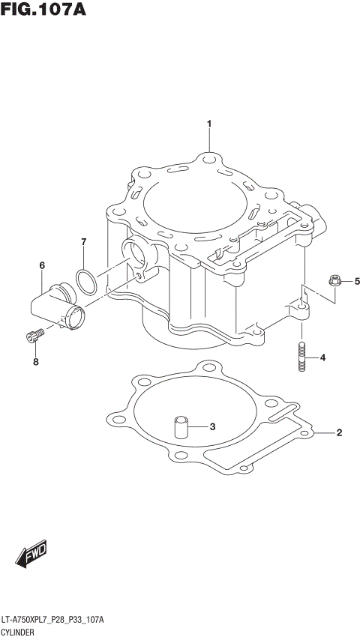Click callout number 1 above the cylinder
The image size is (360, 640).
click(x=209, y=124)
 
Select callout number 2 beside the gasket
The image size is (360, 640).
click(x=339, y=432)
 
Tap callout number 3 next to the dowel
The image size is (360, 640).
click(x=212, y=427)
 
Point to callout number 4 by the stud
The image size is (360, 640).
click(x=323, y=357)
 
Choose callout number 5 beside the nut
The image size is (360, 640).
click(x=357, y=281)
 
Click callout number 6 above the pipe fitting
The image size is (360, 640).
click(x=42, y=265)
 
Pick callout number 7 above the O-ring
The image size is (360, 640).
click(x=84, y=241)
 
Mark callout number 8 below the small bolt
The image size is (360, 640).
click(x=34, y=362)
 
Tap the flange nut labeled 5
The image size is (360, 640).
click(x=334, y=282)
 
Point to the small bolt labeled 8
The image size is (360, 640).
click(x=31, y=338)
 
